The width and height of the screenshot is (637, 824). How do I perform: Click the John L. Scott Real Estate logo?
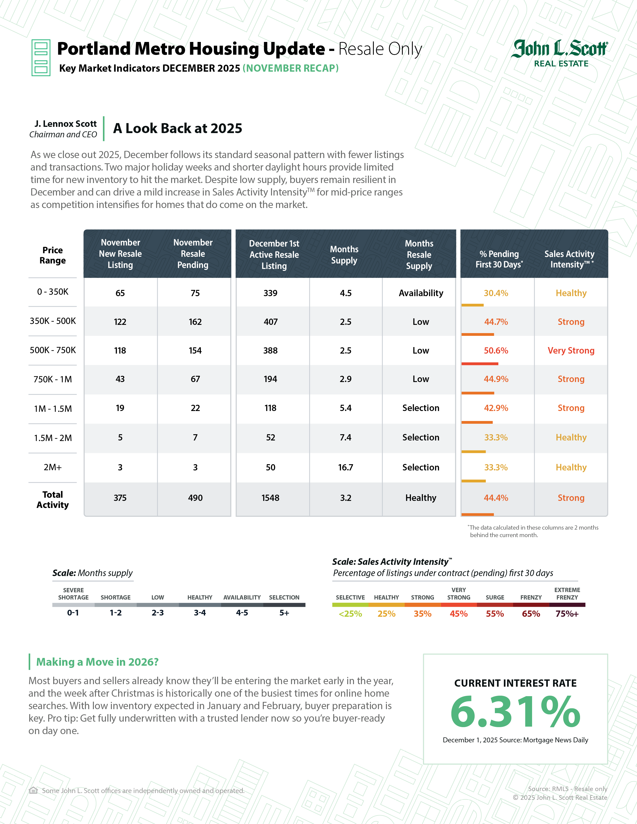[x=560, y=53]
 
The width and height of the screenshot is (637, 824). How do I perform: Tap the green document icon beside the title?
[x=41, y=58]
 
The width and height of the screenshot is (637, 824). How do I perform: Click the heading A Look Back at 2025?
[x=177, y=129]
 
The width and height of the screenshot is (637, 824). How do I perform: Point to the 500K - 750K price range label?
[x=53, y=350]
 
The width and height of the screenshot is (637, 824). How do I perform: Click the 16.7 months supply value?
[x=345, y=467]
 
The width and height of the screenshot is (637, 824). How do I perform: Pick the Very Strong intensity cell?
[x=571, y=351]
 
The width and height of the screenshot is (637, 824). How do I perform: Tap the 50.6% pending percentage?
[x=496, y=351]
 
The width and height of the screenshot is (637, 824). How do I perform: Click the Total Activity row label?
[x=53, y=500]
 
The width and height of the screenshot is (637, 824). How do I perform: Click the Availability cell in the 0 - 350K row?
[x=421, y=293]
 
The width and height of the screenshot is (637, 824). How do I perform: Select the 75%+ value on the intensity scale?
[x=567, y=614]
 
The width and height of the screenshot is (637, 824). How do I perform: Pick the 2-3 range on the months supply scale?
[x=157, y=613]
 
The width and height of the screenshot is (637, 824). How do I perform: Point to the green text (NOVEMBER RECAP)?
[x=290, y=68]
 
